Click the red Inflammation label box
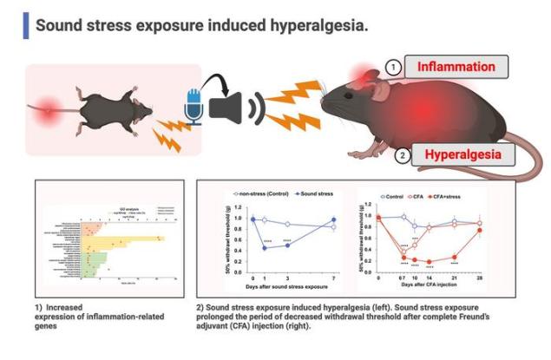tap(456, 67)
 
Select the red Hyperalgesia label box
tap(461, 156)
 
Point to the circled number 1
tap(394, 67)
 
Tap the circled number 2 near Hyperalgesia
tap(402, 156)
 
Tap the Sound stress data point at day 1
tap(264, 248)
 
